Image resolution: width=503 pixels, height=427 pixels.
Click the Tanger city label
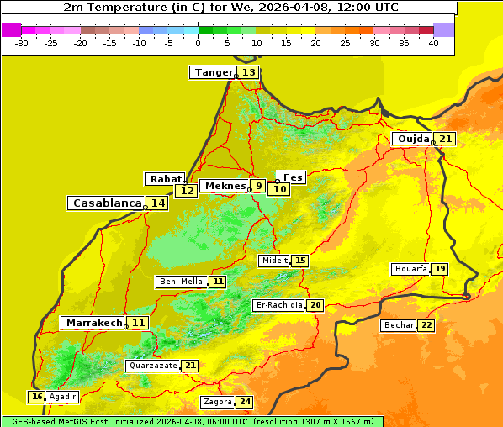pyautogui.click(x=212, y=72)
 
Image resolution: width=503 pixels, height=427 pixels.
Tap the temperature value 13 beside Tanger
pyautogui.click(x=249, y=72)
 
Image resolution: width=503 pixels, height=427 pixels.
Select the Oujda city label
pyautogui.click(x=413, y=139)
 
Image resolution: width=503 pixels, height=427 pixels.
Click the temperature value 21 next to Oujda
pyautogui.click(x=445, y=139)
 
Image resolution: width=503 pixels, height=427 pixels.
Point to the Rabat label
pyautogui.click(x=165, y=178)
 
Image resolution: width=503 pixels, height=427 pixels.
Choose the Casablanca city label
pyautogui.click(x=106, y=203)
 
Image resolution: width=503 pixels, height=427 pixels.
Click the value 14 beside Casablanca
pyautogui.click(x=158, y=203)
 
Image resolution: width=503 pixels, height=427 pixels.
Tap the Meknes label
pyautogui.click(x=225, y=186)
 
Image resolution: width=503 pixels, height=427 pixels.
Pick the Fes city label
pyautogui.click(x=293, y=177)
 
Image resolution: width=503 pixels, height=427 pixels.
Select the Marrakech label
pyautogui.click(x=93, y=323)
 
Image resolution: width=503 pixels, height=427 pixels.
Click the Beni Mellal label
pyautogui.click(x=182, y=282)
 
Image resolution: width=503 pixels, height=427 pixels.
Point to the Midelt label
pyautogui.click(x=274, y=261)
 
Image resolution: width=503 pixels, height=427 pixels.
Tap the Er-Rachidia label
pyautogui.click(x=278, y=305)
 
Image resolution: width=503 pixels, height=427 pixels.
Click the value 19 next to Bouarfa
pyautogui.click(x=440, y=269)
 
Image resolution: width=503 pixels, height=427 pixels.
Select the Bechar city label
pyautogui.click(x=399, y=325)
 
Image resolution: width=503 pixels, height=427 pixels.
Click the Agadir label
pyautogui.click(x=62, y=397)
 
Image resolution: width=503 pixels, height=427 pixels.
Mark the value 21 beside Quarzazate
pyautogui.click(x=191, y=366)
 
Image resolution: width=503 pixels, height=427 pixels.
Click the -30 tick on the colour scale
pyautogui.click(x=22, y=43)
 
